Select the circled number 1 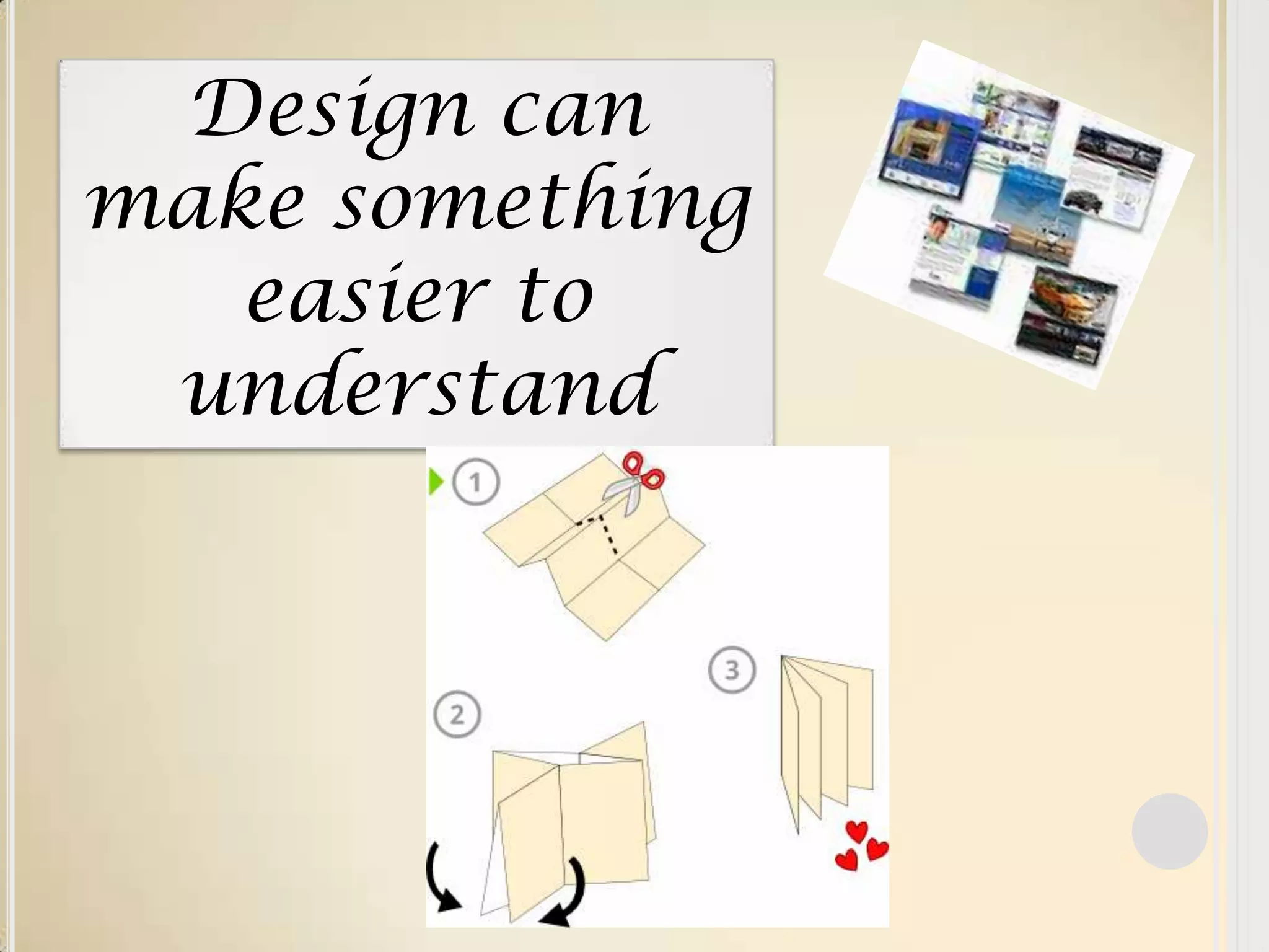tap(476, 482)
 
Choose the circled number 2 tap(457, 715)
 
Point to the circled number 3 tap(732, 669)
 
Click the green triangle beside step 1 tap(436, 482)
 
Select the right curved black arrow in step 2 tap(567, 899)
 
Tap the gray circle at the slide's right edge tap(1169, 831)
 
